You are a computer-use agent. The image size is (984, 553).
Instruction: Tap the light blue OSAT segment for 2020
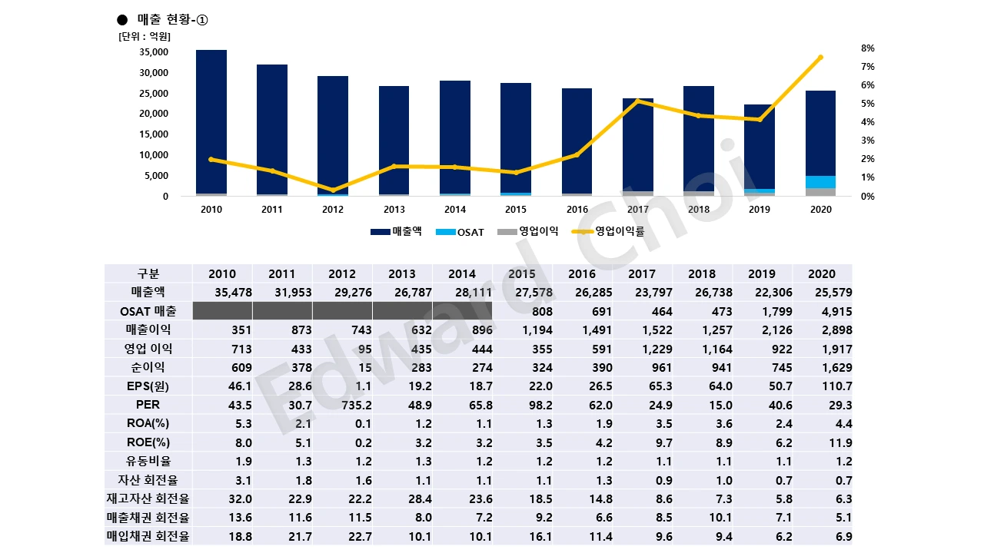821,182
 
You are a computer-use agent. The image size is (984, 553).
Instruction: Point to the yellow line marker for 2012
333,190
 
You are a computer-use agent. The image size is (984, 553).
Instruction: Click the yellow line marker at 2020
820,58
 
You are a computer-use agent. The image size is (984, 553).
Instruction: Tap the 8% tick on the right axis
868,48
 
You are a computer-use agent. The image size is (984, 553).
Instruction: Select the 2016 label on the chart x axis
577,209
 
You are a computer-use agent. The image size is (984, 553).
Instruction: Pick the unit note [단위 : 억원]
145,36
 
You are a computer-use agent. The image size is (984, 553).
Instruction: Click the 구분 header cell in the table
148,273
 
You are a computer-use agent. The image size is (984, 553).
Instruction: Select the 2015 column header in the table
522,273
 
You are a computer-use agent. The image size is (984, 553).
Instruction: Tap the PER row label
148,405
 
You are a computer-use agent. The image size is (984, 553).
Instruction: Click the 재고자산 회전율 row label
148,499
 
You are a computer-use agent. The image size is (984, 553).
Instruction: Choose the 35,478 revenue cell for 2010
222,293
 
